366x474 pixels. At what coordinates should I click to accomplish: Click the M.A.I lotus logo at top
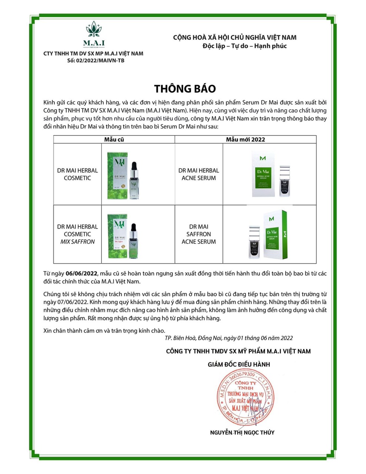pos(94,34)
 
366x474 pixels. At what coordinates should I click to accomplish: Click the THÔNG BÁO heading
pos(185,89)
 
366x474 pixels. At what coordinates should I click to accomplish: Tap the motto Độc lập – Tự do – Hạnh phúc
pos(244,46)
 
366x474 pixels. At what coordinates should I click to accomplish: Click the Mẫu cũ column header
pos(114,139)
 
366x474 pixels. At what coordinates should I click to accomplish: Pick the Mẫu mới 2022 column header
pos(246,139)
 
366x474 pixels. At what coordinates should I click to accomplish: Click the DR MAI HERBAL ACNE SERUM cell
pos(199,174)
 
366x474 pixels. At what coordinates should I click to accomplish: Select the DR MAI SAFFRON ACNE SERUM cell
pos(199,234)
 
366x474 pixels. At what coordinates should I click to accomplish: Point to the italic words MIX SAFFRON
pos(77,241)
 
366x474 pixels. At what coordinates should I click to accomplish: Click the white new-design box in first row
pos(266,174)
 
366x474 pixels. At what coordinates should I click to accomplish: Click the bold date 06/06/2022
pos(81,273)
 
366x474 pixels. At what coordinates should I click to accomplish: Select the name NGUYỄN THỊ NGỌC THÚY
pos(242,432)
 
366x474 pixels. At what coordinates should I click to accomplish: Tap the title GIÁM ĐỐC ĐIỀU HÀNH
pos(239,364)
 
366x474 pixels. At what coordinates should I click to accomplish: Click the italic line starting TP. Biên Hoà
pos(229,338)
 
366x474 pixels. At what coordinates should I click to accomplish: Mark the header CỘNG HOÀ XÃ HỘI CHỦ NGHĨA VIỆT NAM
pos(234,37)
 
